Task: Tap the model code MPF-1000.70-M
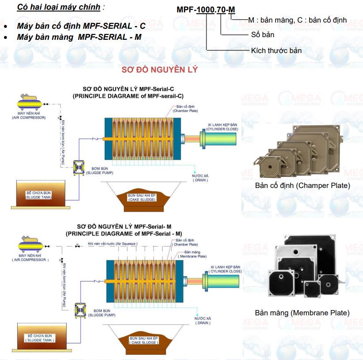[206, 10]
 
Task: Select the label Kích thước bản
[276, 50]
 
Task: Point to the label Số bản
[263, 34]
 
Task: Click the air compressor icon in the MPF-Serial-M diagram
[30, 245]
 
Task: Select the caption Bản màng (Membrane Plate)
[302, 313]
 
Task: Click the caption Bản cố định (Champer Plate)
[302, 185]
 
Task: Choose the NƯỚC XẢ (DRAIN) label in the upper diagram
[200, 178]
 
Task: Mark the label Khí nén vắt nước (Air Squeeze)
[112, 244]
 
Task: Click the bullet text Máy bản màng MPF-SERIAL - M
[79, 37]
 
